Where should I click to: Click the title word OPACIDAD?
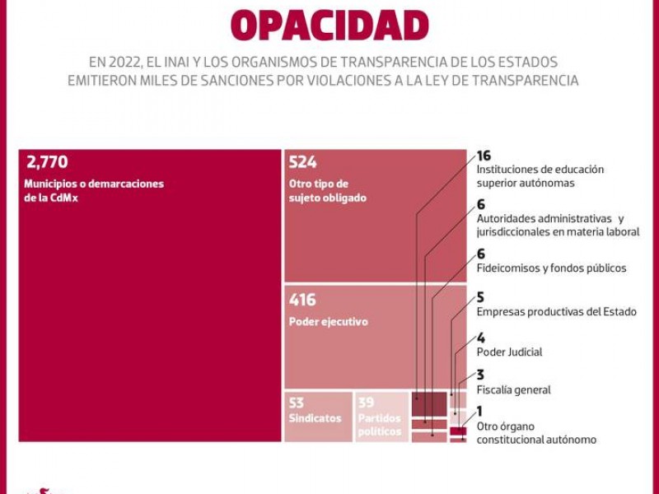click(x=329, y=26)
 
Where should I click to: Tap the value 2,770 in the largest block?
click(x=47, y=162)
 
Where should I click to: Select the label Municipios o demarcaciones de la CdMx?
click(x=94, y=191)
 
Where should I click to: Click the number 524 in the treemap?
click(x=303, y=162)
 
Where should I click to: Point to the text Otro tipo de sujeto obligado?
click(x=328, y=191)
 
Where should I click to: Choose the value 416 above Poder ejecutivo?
click(x=302, y=301)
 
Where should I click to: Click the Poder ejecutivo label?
click(x=328, y=322)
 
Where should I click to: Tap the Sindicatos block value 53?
click(x=297, y=403)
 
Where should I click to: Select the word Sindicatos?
click(x=315, y=418)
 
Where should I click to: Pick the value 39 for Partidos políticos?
click(x=366, y=403)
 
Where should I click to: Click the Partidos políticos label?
click(x=380, y=425)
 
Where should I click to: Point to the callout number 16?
click(x=484, y=156)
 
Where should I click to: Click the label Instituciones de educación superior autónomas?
click(x=540, y=176)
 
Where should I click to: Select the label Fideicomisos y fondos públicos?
click(x=551, y=268)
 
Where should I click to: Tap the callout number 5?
click(x=480, y=297)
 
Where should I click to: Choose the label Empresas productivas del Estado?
click(x=556, y=312)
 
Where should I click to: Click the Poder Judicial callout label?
click(x=509, y=352)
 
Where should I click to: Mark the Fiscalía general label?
click(x=513, y=390)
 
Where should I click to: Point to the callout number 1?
click(x=479, y=412)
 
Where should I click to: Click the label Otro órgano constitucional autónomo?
click(x=535, y=433)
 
